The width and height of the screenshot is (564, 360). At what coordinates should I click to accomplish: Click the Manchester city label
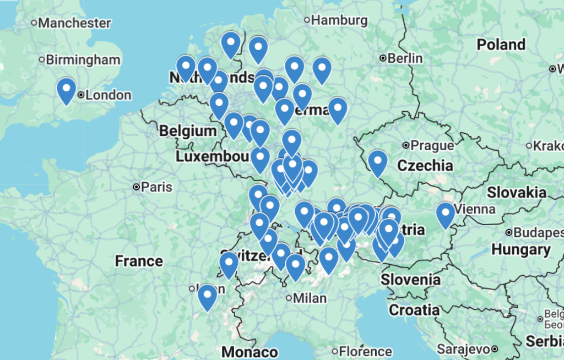pyautogui.click(x=74, y=23)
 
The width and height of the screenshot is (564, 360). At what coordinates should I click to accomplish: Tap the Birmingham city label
pyautogui.click(x=83, y=59)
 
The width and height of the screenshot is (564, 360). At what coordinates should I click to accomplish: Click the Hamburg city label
pyautogui.click(x=339, y=20)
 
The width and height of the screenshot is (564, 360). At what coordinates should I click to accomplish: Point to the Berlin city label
pyautogui.click(x=405, y=58)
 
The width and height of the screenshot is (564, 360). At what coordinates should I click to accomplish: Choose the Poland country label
pyautogui.click(x=501, y=45)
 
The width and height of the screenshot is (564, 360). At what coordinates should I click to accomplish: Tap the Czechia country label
pyautogui.click(x=425, y=165)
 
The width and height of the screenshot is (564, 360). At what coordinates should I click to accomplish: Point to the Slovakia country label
pyautogui.click(x=516, y=192)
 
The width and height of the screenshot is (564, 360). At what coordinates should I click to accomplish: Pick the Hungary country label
pyautogui.click(x=520, y=249)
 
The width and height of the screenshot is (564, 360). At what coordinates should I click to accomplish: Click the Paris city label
pyautogui.click(x=156, y=187)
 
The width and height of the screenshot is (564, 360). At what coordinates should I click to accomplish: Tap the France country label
pyautogui.click(x=139, y=260)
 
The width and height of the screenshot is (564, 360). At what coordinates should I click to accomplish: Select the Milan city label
pyautogui.click(x=310, y=298)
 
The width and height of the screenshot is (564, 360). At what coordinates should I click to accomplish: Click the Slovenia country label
pyautogui.click(x=410, y=280)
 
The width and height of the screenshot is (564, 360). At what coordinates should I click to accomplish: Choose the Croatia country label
pyautogui.click(x=414, y=310)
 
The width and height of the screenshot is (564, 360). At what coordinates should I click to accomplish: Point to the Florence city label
pyautogui.click(x=365, y=351)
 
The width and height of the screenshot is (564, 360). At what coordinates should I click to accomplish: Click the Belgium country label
pyautogui.click(x=188, y=131)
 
